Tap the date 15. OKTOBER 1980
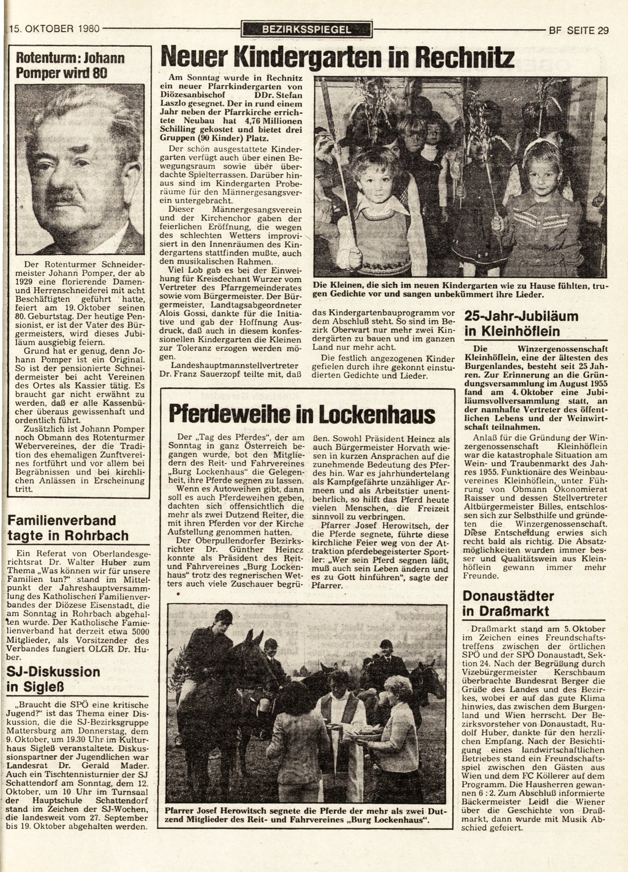(54, 29)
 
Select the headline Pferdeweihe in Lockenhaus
(302, 414)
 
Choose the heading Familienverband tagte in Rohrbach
(68, 528)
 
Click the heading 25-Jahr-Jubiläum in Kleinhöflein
(521, 324)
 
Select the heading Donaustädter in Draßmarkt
(508, 603)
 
